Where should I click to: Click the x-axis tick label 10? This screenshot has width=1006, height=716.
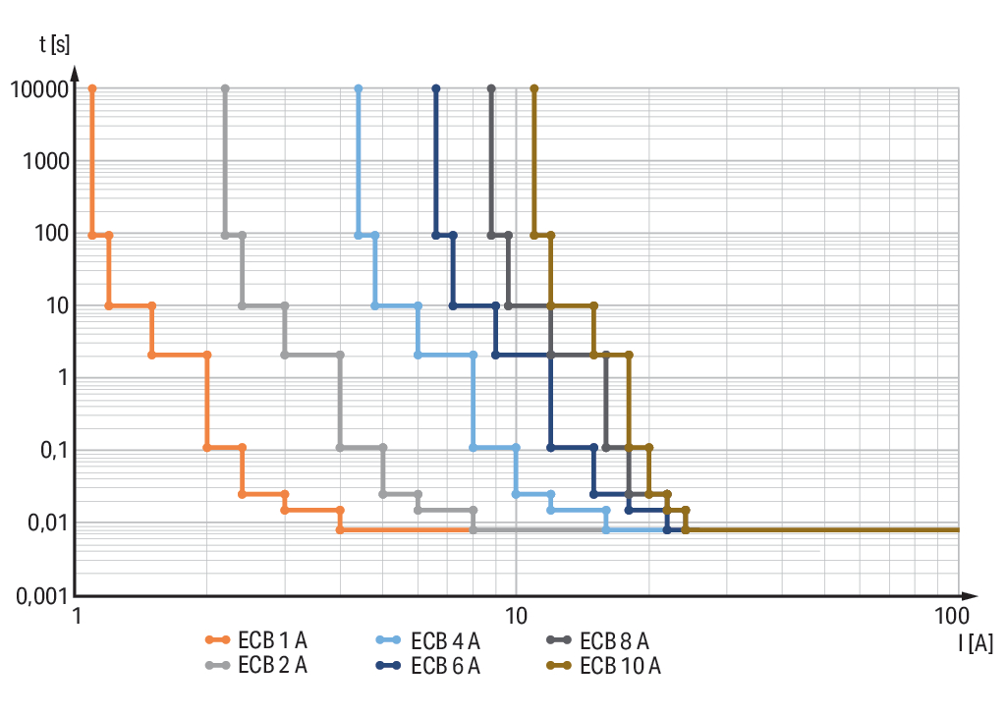(516, 616)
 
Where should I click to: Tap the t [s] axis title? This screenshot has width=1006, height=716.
(55, 44)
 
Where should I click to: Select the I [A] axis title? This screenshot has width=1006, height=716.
(976, 643)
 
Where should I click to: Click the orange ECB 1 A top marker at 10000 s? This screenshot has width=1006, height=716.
(92, 88)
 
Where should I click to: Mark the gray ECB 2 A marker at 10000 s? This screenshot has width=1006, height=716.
(225, 88)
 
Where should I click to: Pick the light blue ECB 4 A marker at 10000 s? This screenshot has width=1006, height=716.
(358, 88)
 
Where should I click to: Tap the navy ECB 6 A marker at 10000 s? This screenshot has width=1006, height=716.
(436, 88)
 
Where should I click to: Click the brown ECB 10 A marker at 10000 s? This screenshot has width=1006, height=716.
(534, 88)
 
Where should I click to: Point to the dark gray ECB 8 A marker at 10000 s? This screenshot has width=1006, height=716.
(491, 88)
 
